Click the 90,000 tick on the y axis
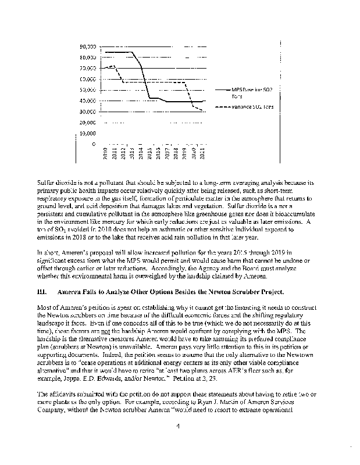tap(89, 46)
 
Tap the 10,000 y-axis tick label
tap(89, 133)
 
